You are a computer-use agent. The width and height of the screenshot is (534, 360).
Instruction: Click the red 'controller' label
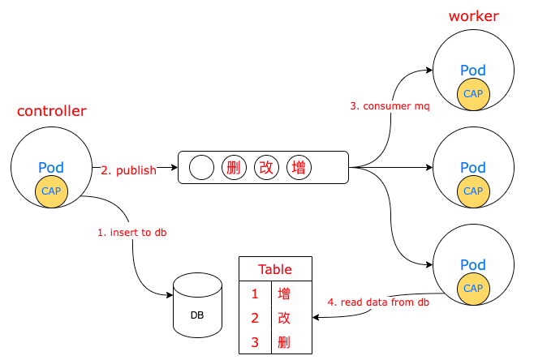pos(51,111)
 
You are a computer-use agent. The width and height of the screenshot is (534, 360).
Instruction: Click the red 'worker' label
pos(473,16)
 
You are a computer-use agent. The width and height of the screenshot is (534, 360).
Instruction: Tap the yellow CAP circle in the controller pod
pos(52,191)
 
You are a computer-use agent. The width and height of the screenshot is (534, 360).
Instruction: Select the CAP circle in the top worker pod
pos(473,94)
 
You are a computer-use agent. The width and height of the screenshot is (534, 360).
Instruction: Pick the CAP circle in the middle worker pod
pos(473,191)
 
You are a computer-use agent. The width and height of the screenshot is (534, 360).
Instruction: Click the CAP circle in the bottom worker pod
pos(473,288)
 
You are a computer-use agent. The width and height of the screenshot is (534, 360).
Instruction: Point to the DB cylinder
pos(197,306)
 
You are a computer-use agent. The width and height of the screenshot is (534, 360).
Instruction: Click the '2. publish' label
pos(127,170)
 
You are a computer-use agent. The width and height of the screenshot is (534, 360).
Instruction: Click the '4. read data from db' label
pos(378,302)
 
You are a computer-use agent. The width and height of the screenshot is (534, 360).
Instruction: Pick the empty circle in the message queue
pos(201,168)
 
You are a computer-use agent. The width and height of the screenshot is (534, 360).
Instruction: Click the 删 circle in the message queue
pos(234,168)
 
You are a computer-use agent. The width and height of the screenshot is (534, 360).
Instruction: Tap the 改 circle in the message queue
pos(266,168)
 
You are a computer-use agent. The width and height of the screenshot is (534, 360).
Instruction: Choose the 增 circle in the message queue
pos(299,168)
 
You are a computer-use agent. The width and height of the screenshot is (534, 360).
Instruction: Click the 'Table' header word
pos(274,269)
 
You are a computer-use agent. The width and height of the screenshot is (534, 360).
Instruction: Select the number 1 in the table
pos(254,294)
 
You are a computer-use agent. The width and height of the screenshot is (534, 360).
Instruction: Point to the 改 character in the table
pos(284,318)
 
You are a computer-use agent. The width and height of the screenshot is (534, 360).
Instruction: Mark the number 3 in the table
pos(254,343)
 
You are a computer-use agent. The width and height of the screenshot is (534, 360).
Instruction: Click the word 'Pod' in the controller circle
pos(51,168)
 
